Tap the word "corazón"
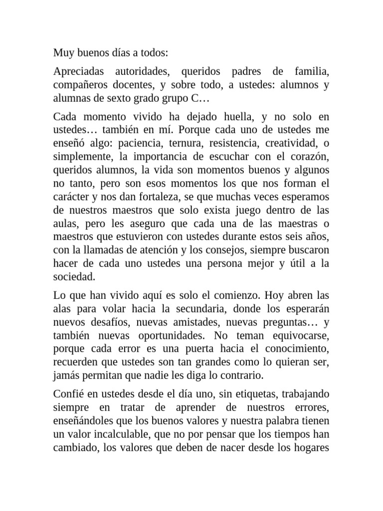point(308,156)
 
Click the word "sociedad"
point(74,276)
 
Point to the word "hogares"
point(311,446)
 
